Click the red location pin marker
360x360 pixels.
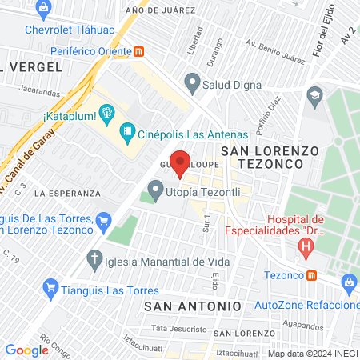(181, 163)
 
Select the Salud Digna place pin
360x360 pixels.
(191, 81)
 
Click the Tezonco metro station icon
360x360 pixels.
(313, 274)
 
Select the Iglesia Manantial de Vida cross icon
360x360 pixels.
(95, 260)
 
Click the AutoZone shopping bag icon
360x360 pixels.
(348, 282)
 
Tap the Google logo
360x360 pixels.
(26, 350)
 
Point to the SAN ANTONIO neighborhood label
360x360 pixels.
(192, 306)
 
